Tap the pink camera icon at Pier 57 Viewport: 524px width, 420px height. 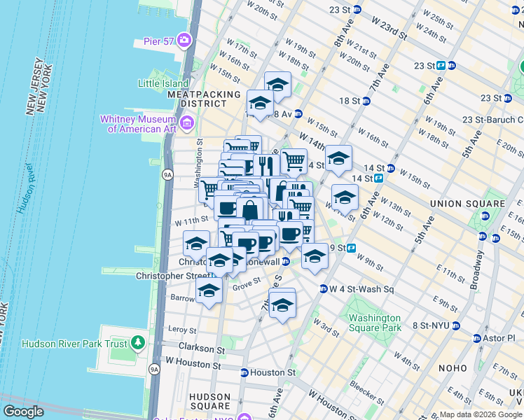pos(185,39)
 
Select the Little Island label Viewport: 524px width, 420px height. pos(164,83)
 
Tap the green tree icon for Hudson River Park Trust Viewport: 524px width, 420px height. pos(138,343)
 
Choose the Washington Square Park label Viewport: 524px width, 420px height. pos(375,323)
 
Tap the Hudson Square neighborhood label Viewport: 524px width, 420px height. pos(209,400)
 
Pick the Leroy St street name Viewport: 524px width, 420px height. pos(182,329)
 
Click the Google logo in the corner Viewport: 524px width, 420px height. pos(24,412)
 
